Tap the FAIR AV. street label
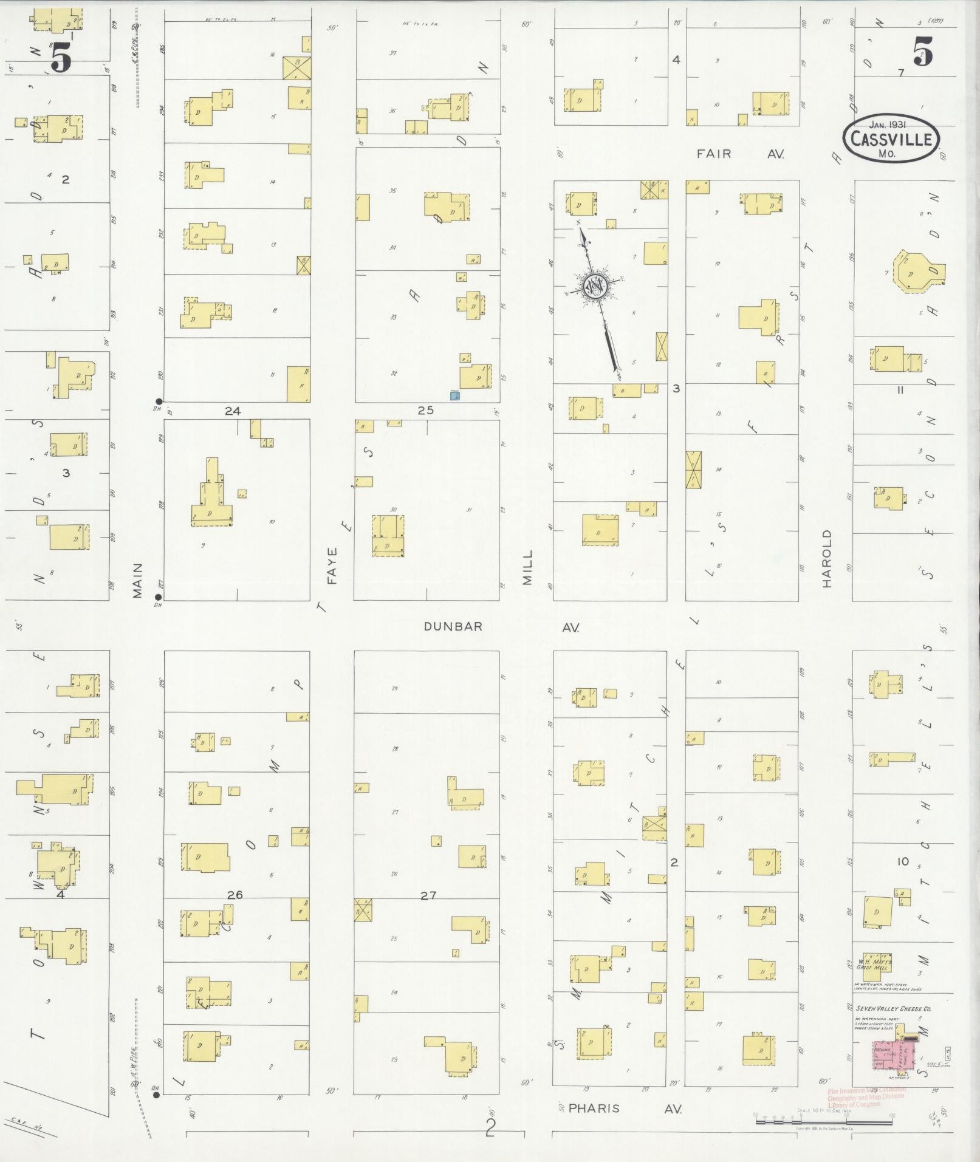[740, 154]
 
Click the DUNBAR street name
[453, 626]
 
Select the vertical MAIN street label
[138, 580]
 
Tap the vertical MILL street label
[527, 567]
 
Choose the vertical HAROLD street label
[826, 558]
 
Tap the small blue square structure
[454, 395]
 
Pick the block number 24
[232, 411]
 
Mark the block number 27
[428, 895]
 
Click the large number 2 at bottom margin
[491, 1127]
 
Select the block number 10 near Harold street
[903, 861]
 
